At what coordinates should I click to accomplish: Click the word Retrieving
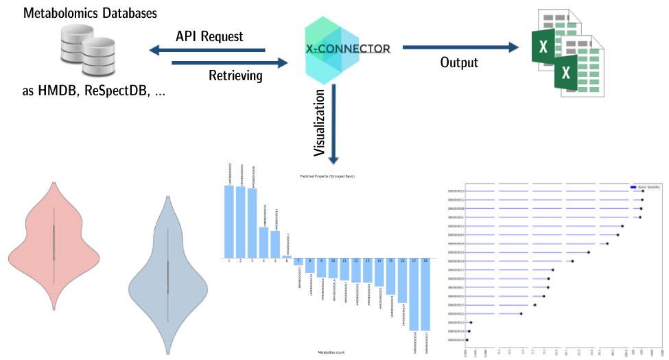click(x=235, y=75)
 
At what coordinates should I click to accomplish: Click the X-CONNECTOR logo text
click(x=349, y=49)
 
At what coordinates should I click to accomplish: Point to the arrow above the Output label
click(x=460, y=47)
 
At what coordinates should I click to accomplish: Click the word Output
click(x=459, y=62)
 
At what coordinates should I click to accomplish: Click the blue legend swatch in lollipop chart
click(x=634, y=186)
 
